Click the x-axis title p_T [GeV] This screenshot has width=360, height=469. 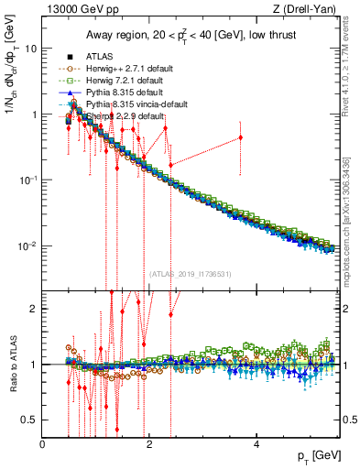coord(311,455)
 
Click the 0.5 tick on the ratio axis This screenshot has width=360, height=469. coord(30,420)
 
